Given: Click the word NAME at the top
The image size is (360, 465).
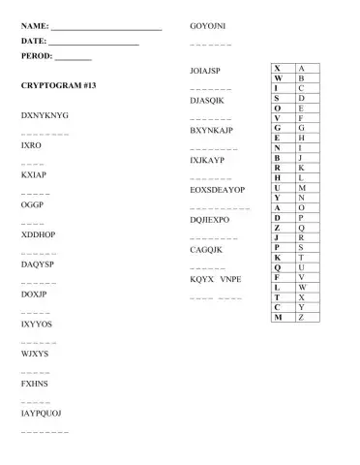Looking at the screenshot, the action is tap(34, 24).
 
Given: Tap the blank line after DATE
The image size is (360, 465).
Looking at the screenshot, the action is tap(94, 44).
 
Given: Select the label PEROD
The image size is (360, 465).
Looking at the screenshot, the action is tap(37, 58).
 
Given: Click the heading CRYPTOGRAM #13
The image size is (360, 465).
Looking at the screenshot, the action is tap(58, 86).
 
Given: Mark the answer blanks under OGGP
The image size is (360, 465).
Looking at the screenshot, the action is tap(30, 224).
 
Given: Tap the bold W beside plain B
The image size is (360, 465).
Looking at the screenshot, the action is tap(279, 77).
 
